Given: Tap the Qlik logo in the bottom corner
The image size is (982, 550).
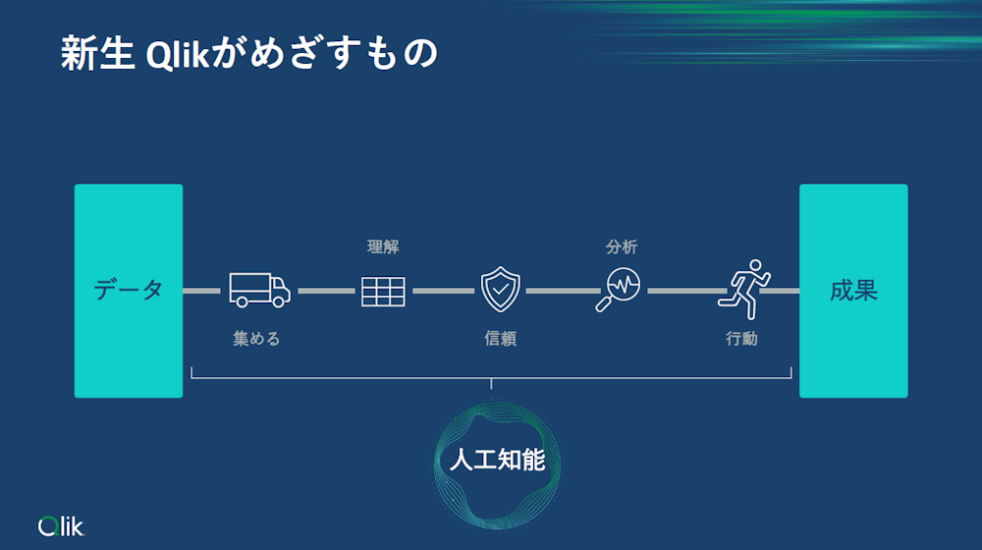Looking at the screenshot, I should (62, 526).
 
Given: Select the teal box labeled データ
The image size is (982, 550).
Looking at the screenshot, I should (129, 291).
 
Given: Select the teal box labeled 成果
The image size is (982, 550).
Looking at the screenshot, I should (853, 291).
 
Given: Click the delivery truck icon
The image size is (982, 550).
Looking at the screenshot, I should (259, 290).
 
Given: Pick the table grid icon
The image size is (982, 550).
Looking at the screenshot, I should (383, 291).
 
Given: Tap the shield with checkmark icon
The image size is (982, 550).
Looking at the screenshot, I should (500, 290).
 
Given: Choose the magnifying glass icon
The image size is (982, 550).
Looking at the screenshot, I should (619, 290).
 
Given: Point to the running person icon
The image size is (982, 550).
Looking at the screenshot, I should (745, 289).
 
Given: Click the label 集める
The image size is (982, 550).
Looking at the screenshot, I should (256, 339).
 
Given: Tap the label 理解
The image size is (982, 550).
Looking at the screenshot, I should (383, 247).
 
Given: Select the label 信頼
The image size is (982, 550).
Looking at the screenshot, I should (500, 339).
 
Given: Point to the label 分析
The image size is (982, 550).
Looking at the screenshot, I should (622, 247).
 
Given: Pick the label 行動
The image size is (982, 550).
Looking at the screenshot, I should (741, 339).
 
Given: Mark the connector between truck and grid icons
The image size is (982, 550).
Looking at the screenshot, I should (326, 291).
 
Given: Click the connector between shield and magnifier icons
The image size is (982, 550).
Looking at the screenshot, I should (562, 291).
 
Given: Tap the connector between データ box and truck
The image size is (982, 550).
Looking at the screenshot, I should (202, 291).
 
